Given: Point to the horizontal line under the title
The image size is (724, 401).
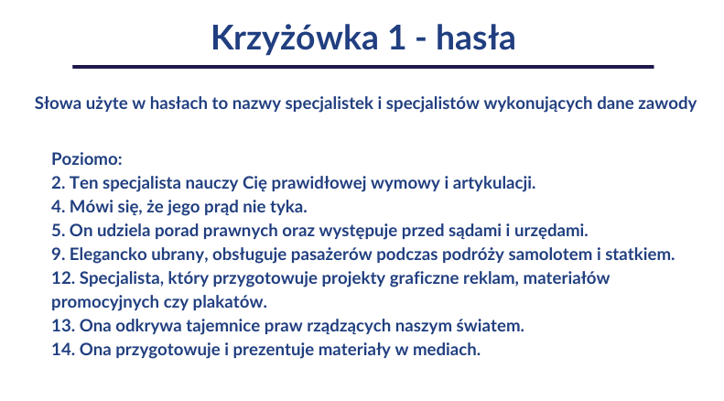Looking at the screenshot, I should [362, 67].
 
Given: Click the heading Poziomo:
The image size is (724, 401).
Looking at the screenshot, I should [81, 159].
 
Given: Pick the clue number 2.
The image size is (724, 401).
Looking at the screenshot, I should [57, 183].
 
